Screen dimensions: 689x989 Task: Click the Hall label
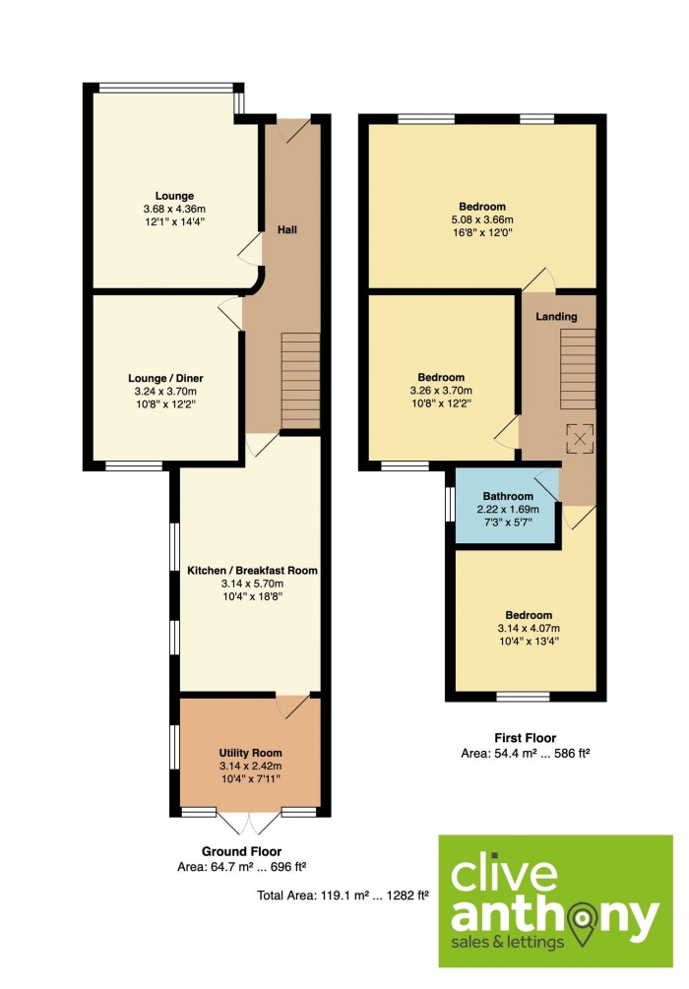click(287, 229)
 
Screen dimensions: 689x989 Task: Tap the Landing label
click(556, 316)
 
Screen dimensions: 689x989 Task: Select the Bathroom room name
click(508, 496)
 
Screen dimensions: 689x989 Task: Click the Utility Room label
click(250, 753)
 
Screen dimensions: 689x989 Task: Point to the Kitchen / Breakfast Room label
click(252, 570)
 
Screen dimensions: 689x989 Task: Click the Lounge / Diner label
click(165, 379)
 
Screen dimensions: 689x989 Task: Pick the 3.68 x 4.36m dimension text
click(174, 209)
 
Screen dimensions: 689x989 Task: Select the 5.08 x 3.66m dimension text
click(482, 219)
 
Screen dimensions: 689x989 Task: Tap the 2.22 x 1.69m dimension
click(508, 509)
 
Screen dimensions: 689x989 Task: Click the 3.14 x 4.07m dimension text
click(529, 628)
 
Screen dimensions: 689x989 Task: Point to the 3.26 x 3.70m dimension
click(441, 391)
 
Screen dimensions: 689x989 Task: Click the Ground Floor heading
click(242, 851)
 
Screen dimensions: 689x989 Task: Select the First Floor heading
click(525, 737)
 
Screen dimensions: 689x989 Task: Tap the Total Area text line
click(344, 895)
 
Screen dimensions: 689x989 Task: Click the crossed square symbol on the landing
click(579, 438)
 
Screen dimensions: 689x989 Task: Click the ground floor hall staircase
click(300, 381)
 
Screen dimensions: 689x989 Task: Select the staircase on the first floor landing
click(578, 368)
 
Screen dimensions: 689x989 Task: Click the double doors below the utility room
click(249, 823)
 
